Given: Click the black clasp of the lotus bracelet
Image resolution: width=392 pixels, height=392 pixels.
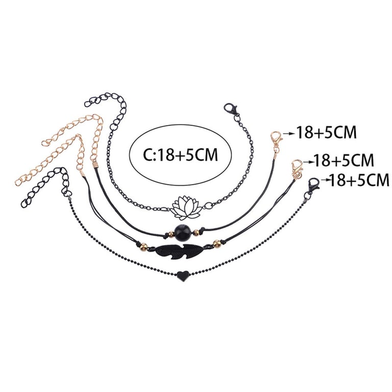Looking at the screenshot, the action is point(231,111).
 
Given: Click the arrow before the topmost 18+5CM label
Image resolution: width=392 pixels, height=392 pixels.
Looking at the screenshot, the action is point(289,134).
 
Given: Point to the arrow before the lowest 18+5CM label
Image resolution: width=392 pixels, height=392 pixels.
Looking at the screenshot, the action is point(324,180).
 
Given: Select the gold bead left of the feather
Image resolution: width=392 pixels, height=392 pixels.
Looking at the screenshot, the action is point(143,247).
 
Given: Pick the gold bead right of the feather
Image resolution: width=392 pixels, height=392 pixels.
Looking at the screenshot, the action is point(217,243).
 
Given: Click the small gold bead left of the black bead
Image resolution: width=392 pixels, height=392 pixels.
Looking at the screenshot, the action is point(167,234).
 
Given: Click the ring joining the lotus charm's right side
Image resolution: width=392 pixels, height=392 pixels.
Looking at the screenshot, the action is point(208,206).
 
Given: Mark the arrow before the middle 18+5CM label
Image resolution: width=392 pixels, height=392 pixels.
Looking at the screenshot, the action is point(308,161).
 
